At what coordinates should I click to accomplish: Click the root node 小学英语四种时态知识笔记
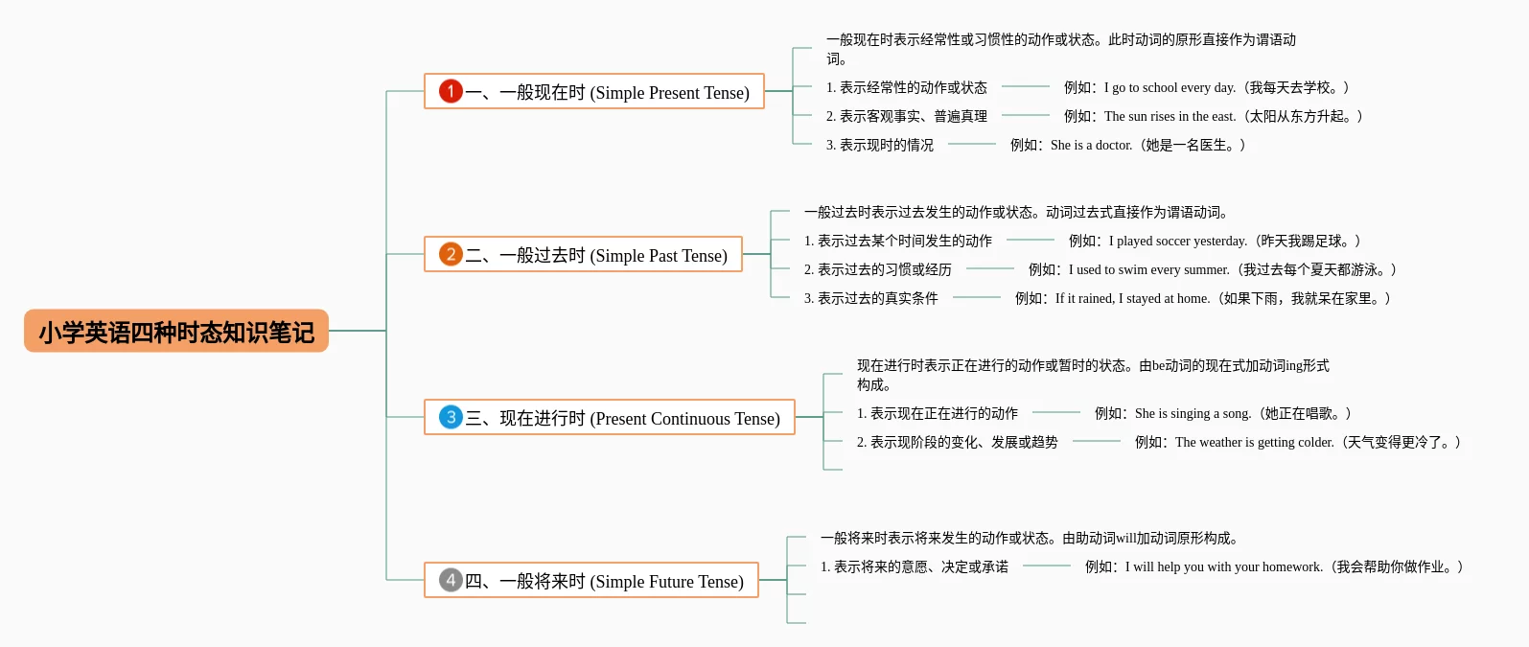[x=176, y=332]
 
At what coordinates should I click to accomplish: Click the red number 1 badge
[x=451, y=91]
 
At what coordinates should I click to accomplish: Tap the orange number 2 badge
[x=451, y=254]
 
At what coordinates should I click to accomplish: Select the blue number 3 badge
[x=451, y=417]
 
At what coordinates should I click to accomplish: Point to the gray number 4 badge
[x=451, y=580]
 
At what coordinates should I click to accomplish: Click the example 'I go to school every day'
[x=1206, y=87]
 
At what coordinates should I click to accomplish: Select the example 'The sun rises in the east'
[x=1213, y=116]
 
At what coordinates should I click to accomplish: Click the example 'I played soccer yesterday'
[x=1215, y=241]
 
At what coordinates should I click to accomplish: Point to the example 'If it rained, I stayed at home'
[x=1202, y=298]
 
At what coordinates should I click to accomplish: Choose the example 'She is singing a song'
[x=1222, y=413]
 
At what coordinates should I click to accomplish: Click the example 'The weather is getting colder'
[x=1297, y=442]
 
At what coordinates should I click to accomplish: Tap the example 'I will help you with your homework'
[x=1274, y=566]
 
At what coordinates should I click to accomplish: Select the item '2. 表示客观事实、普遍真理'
[x=907, y=116]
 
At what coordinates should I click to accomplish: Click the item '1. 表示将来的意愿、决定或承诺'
[x=915, y=566]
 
